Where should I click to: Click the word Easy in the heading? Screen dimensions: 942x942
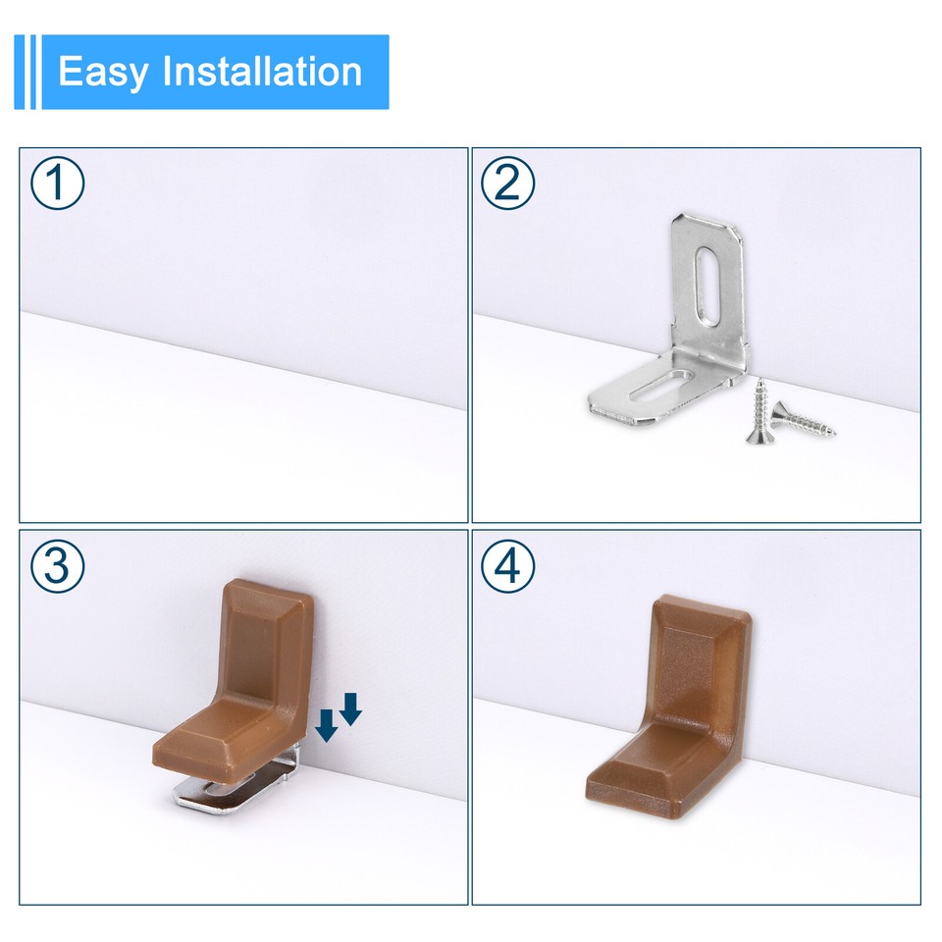(x=102, y=73)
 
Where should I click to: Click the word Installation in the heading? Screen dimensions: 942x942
(x=262, y=73)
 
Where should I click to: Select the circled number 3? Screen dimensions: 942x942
(x=58, y=566)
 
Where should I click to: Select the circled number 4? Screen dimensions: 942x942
(x=508, y=566)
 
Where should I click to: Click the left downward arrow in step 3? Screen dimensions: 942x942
(x=327, y=726)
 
